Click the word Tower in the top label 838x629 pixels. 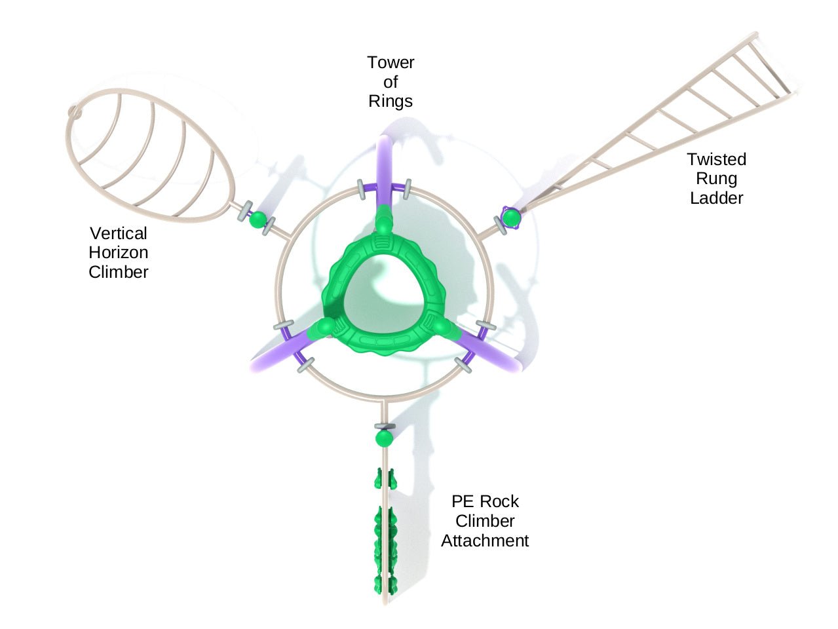[x=390, y=63]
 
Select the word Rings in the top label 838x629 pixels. [x=390, y=102]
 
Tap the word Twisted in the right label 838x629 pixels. [x=716, y=159]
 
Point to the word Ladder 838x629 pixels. [x=716, y=198]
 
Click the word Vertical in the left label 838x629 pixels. [x=119, y=233]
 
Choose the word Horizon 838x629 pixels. [x=119, y=252]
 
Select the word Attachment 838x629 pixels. [x=485, y=541]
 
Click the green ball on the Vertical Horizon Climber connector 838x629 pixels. [x=258, y=219]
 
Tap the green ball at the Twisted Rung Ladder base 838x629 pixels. [x=511, y=216]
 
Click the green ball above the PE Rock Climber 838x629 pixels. [x=384, y=438]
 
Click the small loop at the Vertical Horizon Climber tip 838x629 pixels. [x=75, y=113]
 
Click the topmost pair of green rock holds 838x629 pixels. [x=385, y=479]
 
